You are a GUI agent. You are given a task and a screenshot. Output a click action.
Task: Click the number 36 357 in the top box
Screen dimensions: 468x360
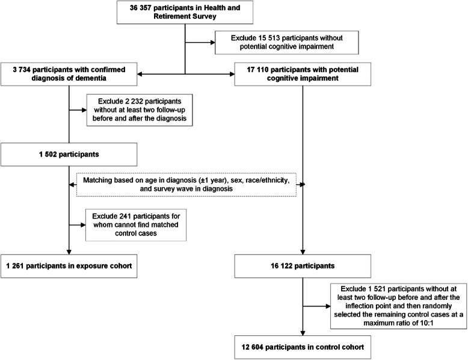(x=140, y=8)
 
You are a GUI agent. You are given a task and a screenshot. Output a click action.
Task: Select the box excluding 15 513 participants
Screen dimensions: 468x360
(x=286, y=42)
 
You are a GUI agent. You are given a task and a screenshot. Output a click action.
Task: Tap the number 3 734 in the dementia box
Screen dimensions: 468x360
(x=22, y=70)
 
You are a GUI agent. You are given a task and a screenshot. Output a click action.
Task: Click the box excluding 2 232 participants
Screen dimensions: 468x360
(x=140, y=110)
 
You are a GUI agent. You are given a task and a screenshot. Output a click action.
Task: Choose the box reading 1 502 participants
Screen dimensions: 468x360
(x=69, y=155)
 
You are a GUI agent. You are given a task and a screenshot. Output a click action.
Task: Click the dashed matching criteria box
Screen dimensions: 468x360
(x=186, y=185)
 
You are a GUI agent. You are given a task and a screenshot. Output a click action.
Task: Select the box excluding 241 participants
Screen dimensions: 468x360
(x=136, y=225)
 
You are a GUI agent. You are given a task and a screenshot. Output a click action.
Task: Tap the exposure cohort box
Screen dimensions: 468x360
(x=69, y=266)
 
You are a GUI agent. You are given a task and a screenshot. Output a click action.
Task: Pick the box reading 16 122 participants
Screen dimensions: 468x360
(x=303, y=266)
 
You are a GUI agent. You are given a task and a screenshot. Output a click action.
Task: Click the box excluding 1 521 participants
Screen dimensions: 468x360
(x=398, y=306)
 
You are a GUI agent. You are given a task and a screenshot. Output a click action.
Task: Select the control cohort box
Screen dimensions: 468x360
(x=303, y=347)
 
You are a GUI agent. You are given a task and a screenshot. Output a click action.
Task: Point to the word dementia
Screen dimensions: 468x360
(x=92, y=78)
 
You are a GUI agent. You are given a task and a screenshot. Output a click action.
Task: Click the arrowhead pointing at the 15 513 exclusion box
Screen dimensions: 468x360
(x=213, y=42)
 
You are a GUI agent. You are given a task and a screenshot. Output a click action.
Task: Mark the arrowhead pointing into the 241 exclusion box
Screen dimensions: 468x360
(x=83, y=225)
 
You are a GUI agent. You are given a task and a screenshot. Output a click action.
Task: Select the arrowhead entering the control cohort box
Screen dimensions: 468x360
(x=303, y=333)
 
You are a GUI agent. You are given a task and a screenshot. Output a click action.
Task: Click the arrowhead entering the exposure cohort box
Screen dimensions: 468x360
(x=69, y=252)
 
